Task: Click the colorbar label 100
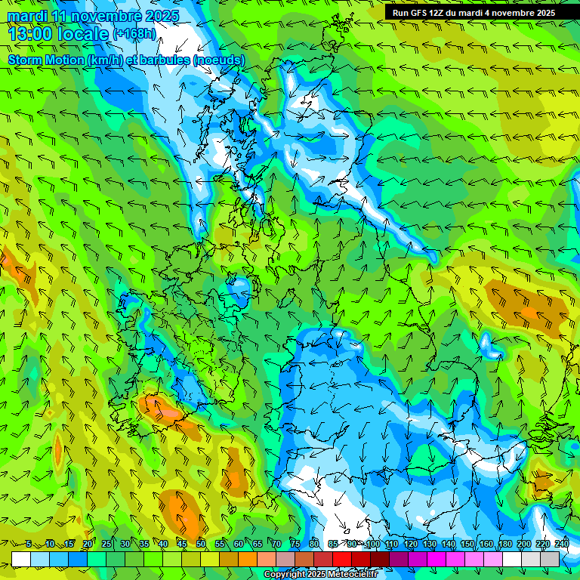(372, 544)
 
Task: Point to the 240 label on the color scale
(562, 544)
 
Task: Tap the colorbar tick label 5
(29, 544)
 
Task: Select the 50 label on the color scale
(201, 544)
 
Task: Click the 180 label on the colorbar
(505, 544)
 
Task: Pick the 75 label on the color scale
(296, 544)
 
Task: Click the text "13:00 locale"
(58, 33)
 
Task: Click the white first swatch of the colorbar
(21, 559)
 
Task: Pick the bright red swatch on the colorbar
(342, 559)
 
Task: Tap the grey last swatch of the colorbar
(551, 559)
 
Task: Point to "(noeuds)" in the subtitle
(218, 60)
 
